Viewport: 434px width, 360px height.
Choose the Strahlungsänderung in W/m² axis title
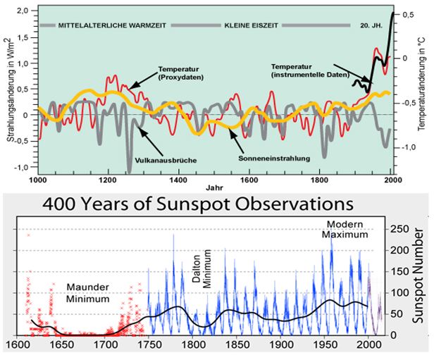9,90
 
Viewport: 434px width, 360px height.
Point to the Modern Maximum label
347,230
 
